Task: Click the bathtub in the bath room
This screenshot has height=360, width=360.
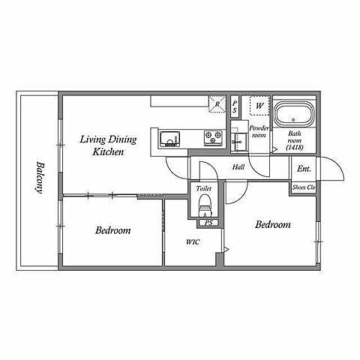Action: (x=294, y=114)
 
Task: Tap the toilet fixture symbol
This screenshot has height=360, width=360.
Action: (x=205, y=205)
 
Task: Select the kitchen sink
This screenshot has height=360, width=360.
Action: (x=169, y=139)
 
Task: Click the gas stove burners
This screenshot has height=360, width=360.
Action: (x=213, y=138)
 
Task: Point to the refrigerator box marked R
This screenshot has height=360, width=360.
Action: (x=217, y=104)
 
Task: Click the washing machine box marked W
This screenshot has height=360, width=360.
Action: (x=259, y=106)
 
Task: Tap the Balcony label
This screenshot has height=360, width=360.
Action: (x=39, y=178)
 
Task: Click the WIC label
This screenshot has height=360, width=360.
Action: (x=193, y=242)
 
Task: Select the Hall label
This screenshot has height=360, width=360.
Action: (x=238, y=167)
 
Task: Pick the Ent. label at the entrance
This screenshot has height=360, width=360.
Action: (x=304, y=169)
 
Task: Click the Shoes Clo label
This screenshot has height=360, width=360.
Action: (x=304, y=187)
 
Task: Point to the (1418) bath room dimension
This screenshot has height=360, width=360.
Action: (x=295, y=148)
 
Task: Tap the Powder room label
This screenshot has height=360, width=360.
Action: (x=259, y=132)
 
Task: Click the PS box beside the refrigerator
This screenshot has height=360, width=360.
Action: (x=235, y=107)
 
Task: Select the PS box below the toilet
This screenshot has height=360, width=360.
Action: (x=208, y=223)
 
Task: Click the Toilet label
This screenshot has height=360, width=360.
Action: (x=204, y=188)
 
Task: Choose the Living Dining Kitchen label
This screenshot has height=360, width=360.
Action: (x=108, y=145)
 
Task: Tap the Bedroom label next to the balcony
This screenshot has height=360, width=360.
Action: (x=112, y=230)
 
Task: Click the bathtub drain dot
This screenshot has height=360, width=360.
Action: (x=293, y=120)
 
